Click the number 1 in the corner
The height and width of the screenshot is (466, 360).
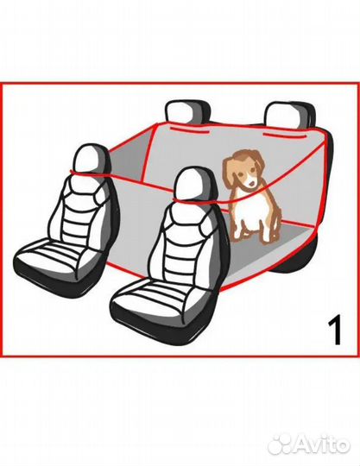point(334,331)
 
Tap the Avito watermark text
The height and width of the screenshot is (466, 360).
point(322,445)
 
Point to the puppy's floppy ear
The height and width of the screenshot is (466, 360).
point(229,173)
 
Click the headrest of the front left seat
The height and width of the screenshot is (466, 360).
point(90,160)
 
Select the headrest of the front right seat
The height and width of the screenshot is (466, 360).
point(194,186)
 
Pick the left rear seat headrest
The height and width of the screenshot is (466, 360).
point(187,111)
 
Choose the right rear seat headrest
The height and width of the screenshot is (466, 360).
point(288,115)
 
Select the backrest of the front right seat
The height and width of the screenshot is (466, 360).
point(190,242)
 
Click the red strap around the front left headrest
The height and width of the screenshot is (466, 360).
point(89,174)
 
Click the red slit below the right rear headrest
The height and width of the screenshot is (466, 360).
point(285,136)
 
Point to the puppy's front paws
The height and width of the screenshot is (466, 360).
point(253,238)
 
